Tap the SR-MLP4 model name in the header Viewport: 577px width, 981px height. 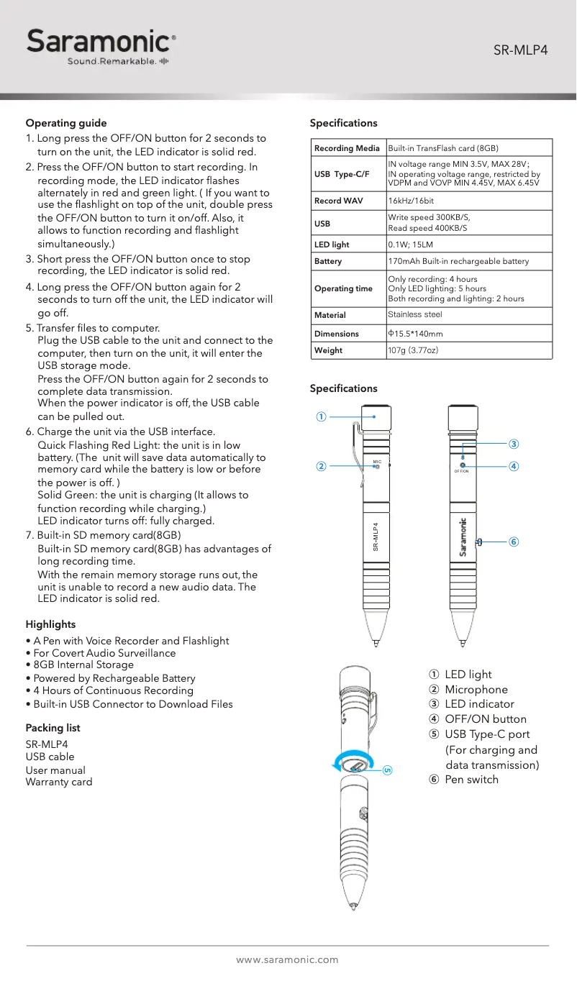pos(520,50)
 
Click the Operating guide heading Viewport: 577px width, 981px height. pos(66,123)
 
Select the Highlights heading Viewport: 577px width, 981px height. pos(50,624)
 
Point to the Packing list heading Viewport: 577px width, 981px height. pos(53,728)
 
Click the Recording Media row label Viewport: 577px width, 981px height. pos(347,148)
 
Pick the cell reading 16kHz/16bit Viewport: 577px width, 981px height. pos(411,201)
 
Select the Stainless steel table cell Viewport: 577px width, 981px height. pos(415,314)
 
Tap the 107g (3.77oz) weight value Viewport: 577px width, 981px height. pos(413,350)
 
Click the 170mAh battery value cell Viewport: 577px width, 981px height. pos(458,261)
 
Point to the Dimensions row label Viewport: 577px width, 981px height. pos(336,334)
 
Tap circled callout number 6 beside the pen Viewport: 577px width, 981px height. pos(513,542)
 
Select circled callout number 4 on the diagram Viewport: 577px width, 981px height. pos(513,466)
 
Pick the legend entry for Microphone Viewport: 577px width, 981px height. pos(476,690)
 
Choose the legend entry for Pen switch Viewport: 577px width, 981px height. pos(471,780)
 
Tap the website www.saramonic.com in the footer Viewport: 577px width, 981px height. pos(288,959)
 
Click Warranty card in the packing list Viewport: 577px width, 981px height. pos(59,782)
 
